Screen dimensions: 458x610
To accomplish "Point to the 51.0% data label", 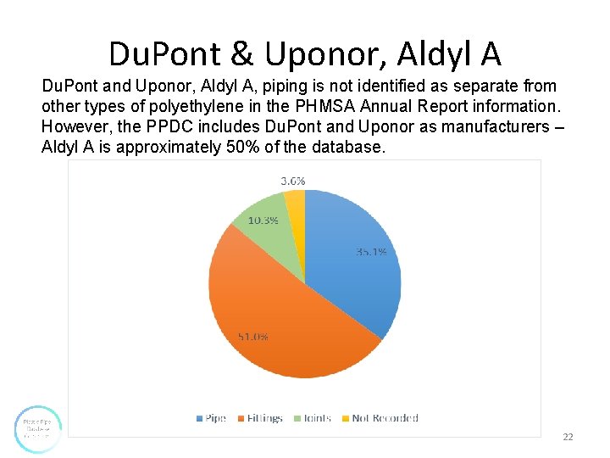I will pos(252,337).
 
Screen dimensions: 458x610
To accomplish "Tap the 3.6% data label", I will pos(292,181).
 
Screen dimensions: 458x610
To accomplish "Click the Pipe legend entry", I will pos(211,418).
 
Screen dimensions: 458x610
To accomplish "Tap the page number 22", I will pos(568,437).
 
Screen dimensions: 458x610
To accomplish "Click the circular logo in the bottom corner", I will pos(38,428).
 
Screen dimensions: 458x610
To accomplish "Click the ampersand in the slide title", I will pos(241,53).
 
